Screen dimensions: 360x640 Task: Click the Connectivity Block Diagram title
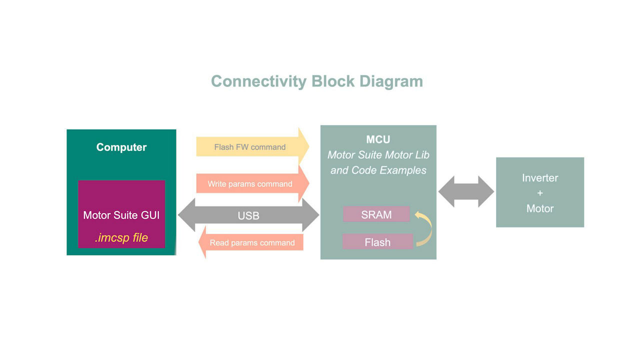coord(316,81)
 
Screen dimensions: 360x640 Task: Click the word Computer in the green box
coord(121,147)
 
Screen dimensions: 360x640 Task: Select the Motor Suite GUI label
coord(121,215)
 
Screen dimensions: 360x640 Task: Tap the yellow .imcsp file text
coord(121,238)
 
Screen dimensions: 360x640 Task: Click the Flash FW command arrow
coord(250,147)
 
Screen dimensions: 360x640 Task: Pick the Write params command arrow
coord(250,184)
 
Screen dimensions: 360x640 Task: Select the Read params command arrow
coord(252,243)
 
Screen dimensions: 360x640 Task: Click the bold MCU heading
coord(378,139)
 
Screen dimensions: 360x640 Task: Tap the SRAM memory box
coord(376,215)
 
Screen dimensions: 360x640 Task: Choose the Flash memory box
coord(377,242)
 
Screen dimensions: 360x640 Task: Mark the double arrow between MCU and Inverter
coord(466,191)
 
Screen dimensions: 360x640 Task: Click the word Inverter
coord(540,178)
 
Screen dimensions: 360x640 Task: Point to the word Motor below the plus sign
coord(540,208)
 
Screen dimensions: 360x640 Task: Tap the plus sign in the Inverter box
coord(540,193)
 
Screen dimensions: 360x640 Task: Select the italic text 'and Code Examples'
coord(378,170)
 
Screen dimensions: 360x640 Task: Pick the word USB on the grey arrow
coord(248,216)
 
